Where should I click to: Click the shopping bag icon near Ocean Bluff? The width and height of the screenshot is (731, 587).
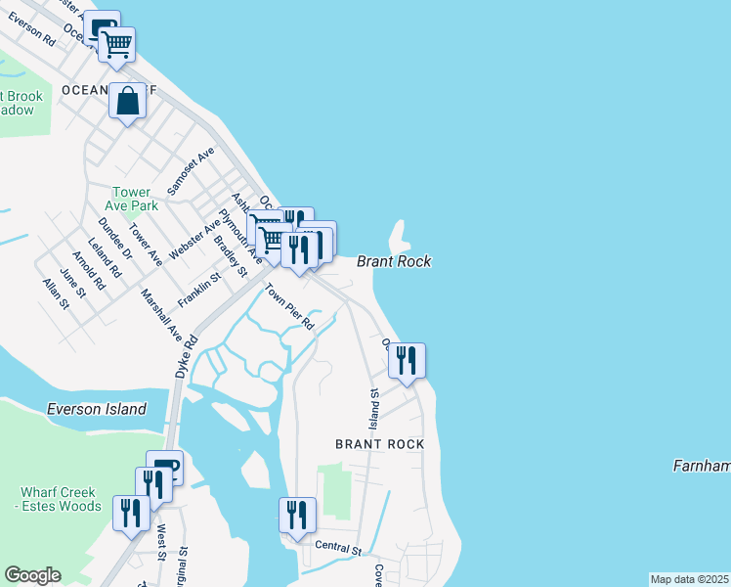[128, 101]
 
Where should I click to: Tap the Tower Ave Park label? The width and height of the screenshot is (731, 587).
[135, 200]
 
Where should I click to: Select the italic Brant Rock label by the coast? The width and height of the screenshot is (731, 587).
[394, 261]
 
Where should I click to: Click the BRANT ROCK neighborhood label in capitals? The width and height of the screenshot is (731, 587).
[380, 444]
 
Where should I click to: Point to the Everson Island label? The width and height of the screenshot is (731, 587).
[96, 409]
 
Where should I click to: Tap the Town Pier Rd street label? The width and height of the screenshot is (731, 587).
[292, 306]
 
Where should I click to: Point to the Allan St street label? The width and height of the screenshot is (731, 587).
[56, 293]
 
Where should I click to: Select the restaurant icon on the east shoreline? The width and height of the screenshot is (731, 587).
[407, 361]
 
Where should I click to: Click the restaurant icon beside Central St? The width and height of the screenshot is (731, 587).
[297, 516]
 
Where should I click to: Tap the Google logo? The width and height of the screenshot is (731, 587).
[32, 576]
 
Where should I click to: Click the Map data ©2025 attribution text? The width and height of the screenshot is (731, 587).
[690, 579]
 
